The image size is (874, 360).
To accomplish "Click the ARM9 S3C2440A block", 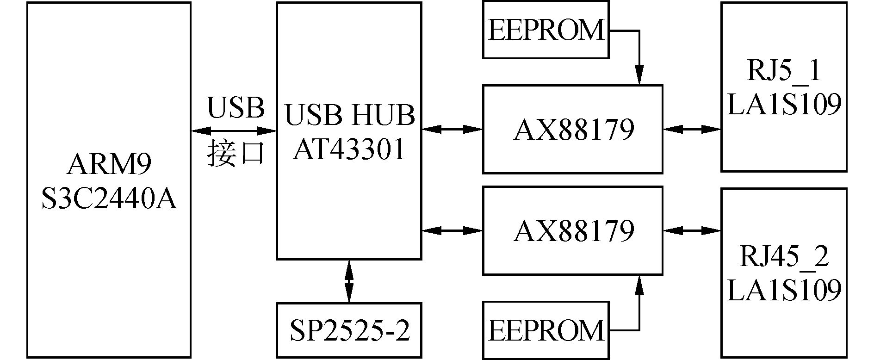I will coord(109,180).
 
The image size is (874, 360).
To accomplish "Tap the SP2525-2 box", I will coord(349,330).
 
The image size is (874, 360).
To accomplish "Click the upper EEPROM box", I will coord(545,30).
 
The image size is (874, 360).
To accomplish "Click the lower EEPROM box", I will coord(545,330).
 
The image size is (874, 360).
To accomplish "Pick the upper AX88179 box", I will coord(573,130).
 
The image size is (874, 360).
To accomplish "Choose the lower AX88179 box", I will coord(573,230).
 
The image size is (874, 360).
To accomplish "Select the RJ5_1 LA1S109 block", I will coord(784,87).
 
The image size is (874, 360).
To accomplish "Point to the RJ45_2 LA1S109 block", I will coord(784,273).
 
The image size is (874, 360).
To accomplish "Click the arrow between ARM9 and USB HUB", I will coord(234,131).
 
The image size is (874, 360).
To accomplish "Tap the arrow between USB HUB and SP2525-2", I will coord(349,281).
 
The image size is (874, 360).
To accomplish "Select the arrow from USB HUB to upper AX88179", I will coord(452,130).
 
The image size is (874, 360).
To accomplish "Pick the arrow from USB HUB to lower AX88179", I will coord(452,230).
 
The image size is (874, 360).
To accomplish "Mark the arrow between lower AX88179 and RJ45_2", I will coord(692,230).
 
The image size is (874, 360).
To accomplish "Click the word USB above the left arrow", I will coord(236,108).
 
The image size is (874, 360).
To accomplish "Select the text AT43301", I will coord(349,149).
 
